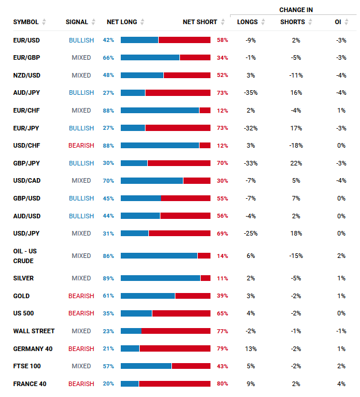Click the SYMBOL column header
point(26,22)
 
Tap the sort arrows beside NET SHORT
point(222,22)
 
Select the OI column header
point(338,22)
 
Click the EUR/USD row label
point(26,40)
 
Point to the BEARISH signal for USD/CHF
point(81,145)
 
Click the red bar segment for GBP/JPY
point(179,163)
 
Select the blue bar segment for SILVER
point(160,278)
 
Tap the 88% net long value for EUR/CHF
point(108,110)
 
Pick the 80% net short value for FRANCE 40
point(223,384)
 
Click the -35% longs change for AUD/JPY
point(250,92)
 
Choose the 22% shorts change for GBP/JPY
point(296,163)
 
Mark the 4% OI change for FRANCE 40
point(342,384)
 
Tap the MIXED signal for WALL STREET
point(81,331)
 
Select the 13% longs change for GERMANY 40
point(250,349)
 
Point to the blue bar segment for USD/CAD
point(152,180)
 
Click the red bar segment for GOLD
point(193,296)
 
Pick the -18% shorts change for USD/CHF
point(296,145)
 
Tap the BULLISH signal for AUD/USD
point(81,216)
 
